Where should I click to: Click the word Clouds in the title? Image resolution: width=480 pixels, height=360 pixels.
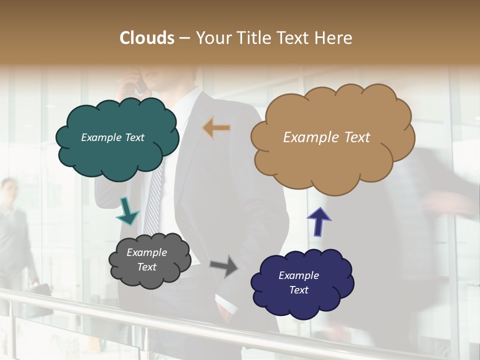pyautogui.click(x=147, y=38)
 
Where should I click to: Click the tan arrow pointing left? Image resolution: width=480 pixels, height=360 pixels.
pyautogui.click(x=216, y=128)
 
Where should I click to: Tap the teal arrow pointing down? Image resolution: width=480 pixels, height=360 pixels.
pyautogui.click(x=127, y=211)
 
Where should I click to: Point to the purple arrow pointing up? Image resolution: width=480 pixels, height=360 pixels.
pyautogui.click(x=318, y=221)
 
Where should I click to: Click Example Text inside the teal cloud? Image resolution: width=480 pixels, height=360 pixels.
pyautogui.click(x=112, y=137)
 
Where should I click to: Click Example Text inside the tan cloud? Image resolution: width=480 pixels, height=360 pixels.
pyautogui.click(x=326, y=137)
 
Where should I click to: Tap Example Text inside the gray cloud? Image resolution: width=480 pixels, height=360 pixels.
pyautogui.click(x=146, y=259)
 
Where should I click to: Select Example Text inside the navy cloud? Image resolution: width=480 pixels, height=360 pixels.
pyautogui.click(x=298, y=282)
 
